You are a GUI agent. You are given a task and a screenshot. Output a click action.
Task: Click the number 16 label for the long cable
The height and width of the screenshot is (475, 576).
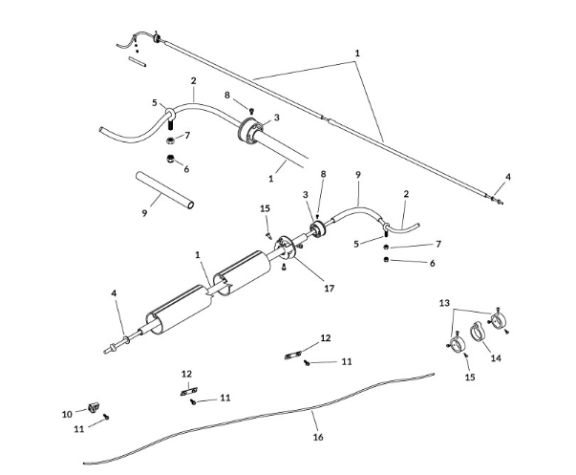[318, 437]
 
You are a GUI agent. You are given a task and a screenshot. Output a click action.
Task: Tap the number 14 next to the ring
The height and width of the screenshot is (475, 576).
[496, 358]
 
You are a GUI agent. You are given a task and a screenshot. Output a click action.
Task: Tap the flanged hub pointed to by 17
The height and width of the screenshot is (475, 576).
[285, 254]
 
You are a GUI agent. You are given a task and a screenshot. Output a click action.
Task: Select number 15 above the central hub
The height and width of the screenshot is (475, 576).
[266, 208]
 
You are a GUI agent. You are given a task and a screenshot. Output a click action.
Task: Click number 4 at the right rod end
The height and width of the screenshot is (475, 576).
[508, 176]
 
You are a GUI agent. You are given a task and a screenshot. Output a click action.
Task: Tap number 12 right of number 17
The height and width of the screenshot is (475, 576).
[326, 337]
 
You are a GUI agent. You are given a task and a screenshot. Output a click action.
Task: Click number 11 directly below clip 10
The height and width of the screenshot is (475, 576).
[79, 429]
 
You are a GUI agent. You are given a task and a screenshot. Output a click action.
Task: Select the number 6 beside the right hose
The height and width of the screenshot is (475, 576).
[432, 263]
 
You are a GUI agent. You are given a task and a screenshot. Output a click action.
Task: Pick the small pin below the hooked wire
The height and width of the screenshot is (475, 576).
[137, 64]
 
